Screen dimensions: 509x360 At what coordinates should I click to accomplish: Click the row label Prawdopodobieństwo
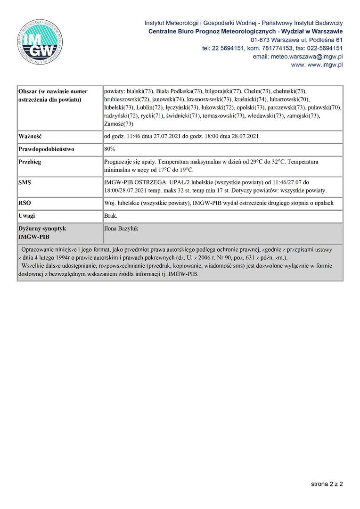click(46, 149)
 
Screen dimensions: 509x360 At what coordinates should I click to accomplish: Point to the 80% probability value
click(109, 149)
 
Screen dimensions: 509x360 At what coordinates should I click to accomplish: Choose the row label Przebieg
click(30, 162)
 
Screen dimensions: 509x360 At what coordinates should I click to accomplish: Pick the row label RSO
click(24, 203)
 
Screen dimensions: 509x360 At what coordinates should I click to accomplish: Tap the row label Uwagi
click(27, 216)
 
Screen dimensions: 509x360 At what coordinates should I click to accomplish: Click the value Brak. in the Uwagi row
click(111, 216)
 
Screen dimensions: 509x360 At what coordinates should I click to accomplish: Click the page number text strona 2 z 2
click(327, 484)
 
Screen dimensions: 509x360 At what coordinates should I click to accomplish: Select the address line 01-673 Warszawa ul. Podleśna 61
click(296, 40)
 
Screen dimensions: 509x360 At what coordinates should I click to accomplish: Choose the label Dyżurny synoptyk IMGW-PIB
click(42, 232)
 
